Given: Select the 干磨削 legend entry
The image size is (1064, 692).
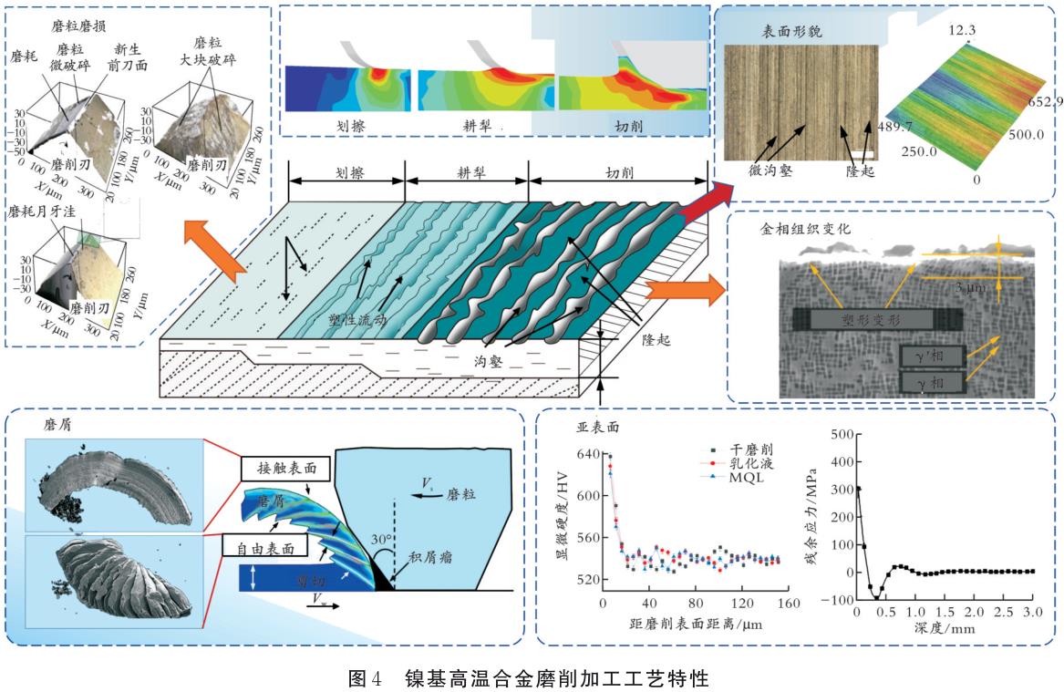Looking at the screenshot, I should (748, 449).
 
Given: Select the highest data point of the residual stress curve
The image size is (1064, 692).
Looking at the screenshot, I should (858, 489).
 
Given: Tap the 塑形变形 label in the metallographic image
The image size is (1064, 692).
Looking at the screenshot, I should (865, 320).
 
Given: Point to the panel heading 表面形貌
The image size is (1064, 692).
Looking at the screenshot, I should (791, 31).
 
